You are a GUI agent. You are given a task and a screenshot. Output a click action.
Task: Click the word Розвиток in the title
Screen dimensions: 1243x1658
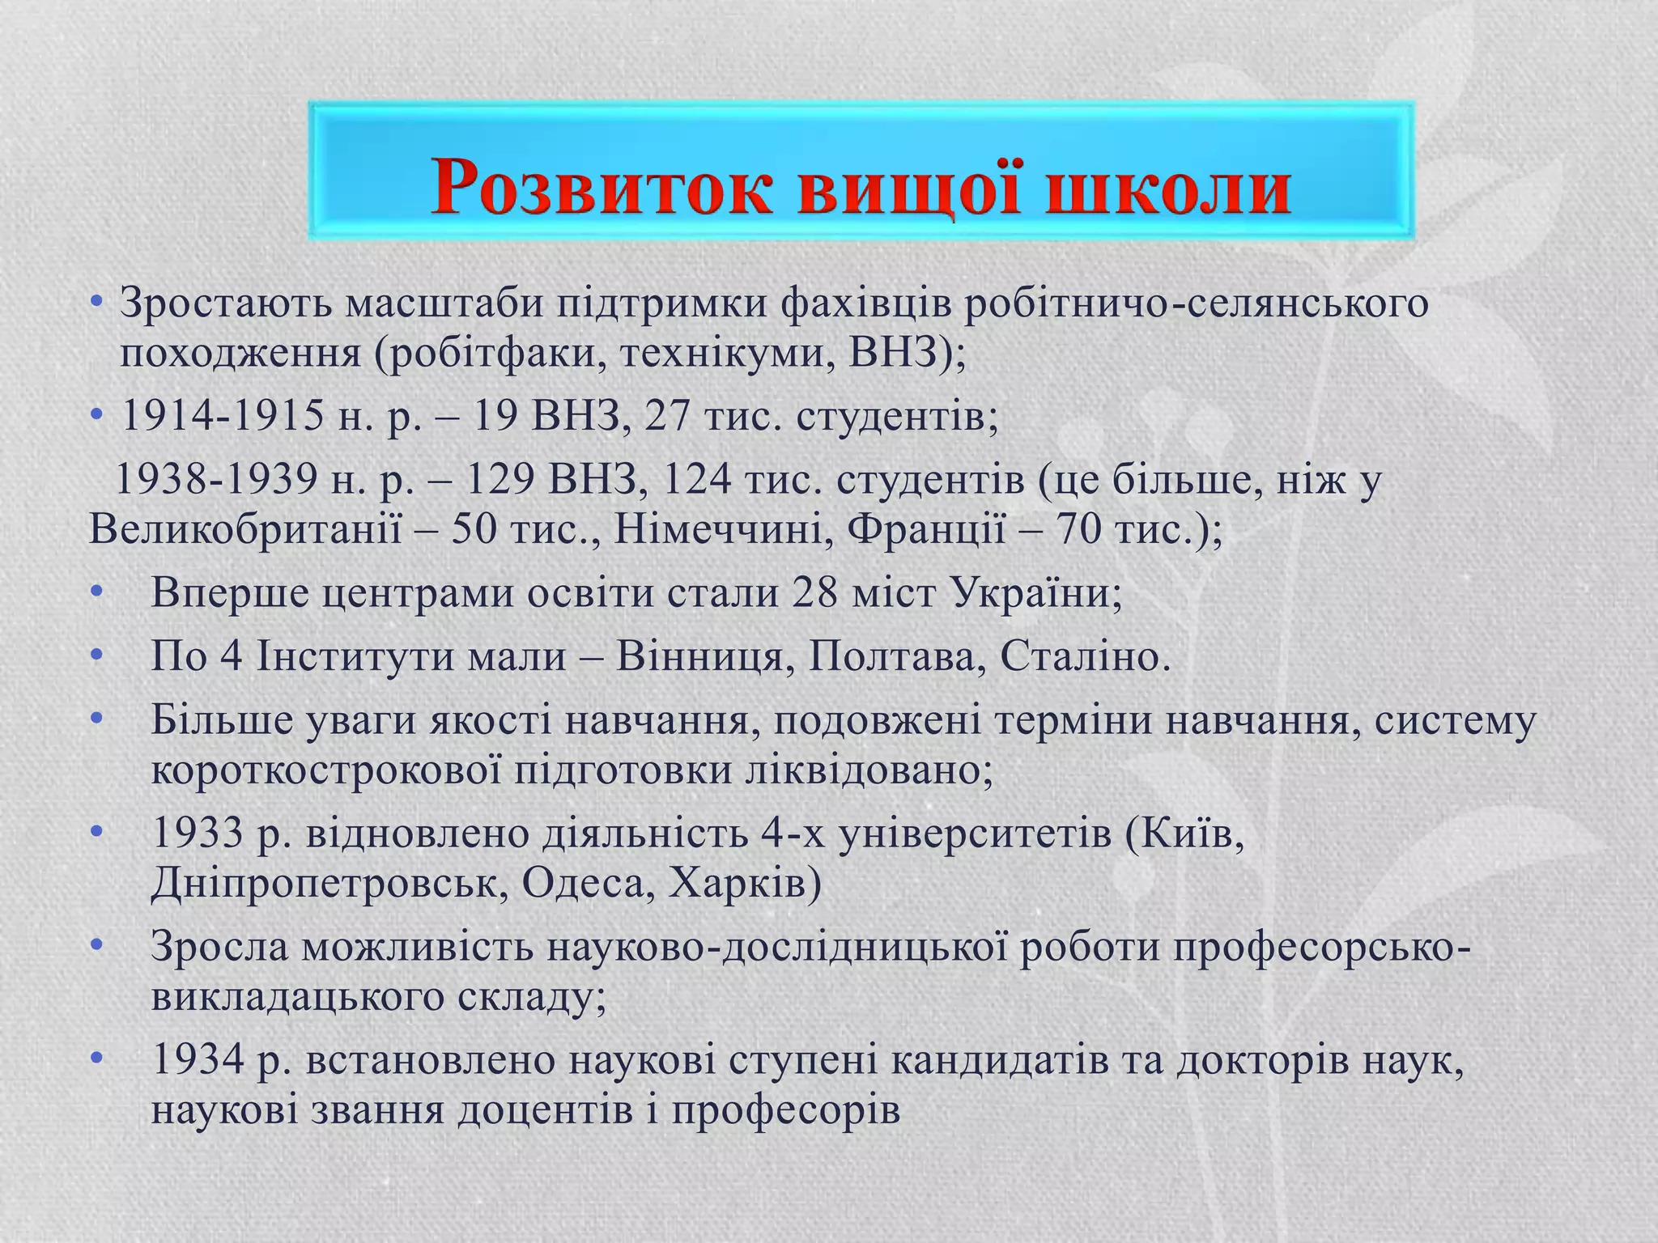(x=600, y=189)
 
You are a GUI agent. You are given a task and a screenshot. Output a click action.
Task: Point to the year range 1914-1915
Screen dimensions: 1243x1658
(x=220, y=417)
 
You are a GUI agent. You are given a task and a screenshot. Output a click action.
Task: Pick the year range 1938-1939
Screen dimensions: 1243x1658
(x=217, y=481)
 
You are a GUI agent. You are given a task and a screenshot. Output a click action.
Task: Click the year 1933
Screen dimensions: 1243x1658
(x=197, y=834)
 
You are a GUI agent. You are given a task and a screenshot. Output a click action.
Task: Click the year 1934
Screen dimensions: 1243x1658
(x=198, y=1060)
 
